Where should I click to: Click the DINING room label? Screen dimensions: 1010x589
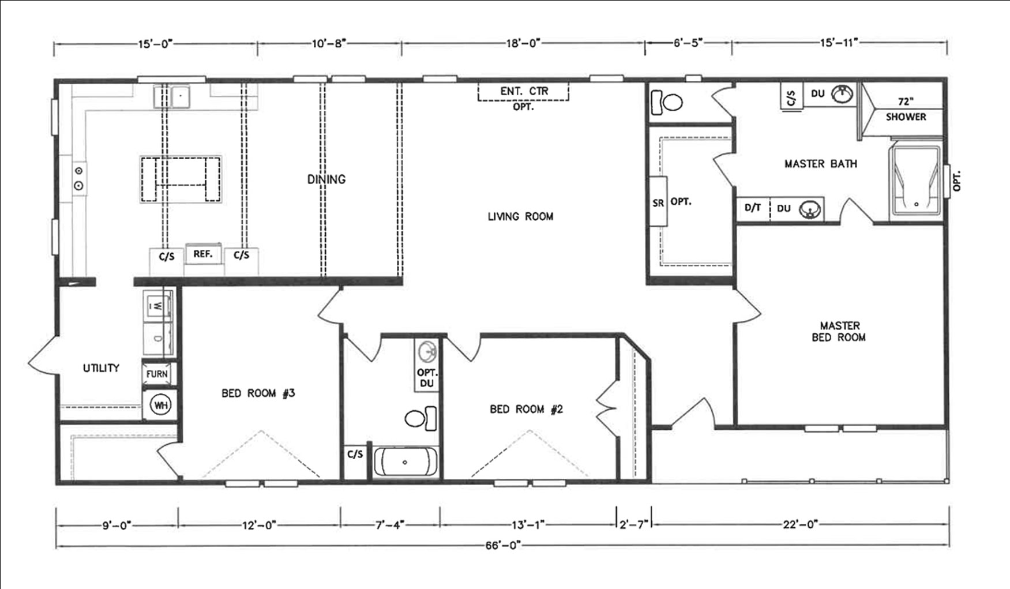point(326,179)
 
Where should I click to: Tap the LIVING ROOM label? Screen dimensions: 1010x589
point(520,216)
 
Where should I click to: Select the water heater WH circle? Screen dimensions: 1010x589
point(160,405)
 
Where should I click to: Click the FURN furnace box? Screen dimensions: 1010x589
point(157,374)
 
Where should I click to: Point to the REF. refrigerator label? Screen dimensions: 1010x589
point(203,254)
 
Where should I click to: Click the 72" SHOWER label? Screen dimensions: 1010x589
point(906,109)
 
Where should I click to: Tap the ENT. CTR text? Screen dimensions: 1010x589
point(524,91)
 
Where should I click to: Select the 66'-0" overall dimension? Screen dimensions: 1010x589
point(503,545)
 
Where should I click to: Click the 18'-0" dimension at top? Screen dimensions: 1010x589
point(523,43)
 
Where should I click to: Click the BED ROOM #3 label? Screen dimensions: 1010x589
point(258,393)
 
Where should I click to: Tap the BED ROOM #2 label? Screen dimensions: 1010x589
point(526,409)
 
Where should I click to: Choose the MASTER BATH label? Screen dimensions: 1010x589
point(820,164)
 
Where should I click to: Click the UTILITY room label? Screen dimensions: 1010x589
point(101,367)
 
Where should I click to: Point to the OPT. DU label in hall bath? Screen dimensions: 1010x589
point(427,378)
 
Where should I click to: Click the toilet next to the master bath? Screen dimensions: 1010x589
point(667,103)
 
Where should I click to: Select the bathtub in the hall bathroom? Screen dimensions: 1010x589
point(405,462)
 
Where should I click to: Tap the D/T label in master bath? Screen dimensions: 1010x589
point(752,208)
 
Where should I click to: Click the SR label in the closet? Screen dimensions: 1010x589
point(658,202)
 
